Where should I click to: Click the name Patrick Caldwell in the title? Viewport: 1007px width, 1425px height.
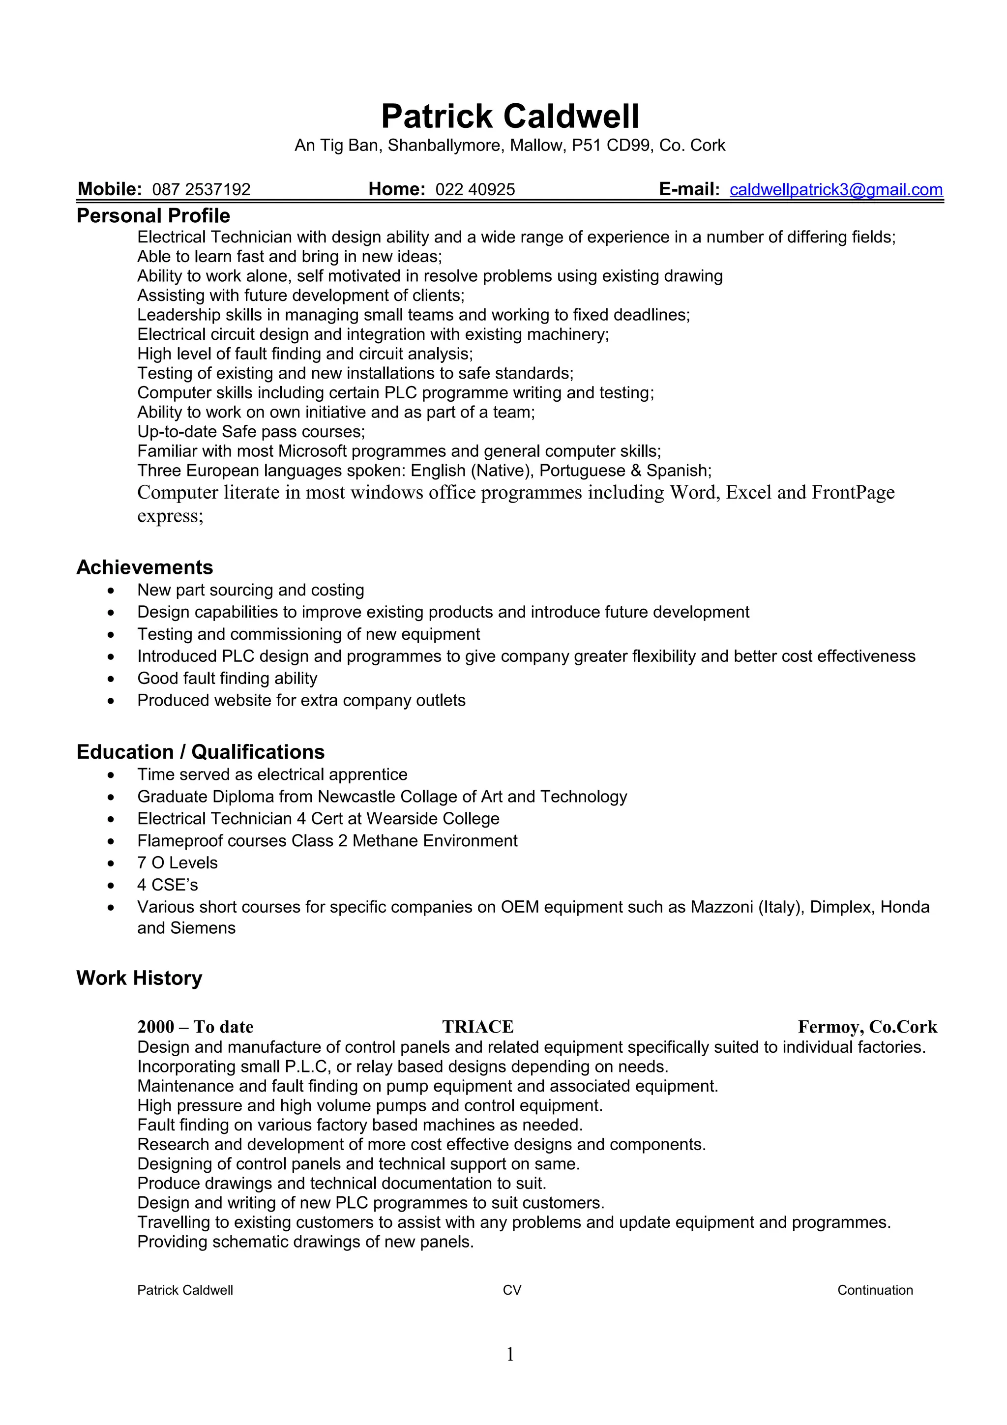[509, 117]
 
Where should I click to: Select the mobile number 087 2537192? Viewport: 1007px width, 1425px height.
[201, 190]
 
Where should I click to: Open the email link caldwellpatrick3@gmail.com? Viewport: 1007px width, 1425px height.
[836, 190]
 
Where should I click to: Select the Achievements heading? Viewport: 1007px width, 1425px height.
[145, 567]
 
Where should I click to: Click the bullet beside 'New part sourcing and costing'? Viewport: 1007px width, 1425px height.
[111, 591]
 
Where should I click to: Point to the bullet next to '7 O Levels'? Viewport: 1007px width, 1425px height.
[111, 864]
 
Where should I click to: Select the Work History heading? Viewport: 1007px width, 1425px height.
[139, 978]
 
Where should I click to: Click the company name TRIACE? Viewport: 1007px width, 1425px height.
[478, 1027]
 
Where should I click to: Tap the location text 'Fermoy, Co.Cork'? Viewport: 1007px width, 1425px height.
[867, 1027]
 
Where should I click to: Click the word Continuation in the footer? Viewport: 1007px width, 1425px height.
[875, 1290]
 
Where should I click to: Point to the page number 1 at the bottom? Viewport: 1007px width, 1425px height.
[510, 1354]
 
